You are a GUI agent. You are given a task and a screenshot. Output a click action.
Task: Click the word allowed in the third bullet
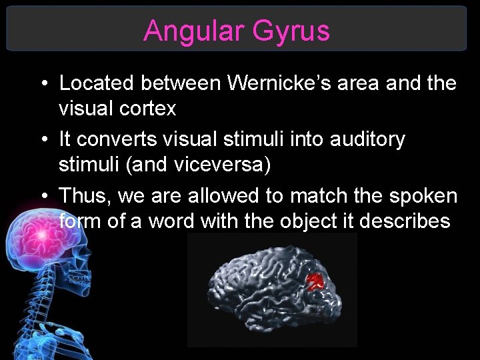pyautogui.click(x=219, y=196)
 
